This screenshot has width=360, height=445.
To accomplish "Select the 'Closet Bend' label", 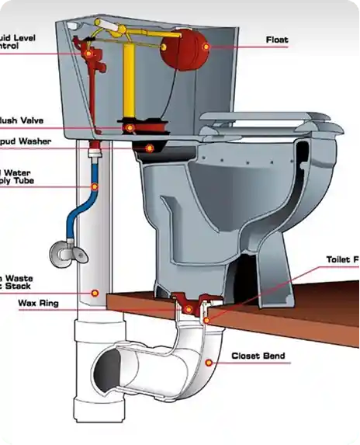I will point(258,356).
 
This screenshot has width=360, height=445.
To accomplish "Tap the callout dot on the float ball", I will point(205,47).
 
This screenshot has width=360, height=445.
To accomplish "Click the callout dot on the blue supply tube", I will point(94,186).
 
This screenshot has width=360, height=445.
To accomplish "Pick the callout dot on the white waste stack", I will point(94,294).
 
